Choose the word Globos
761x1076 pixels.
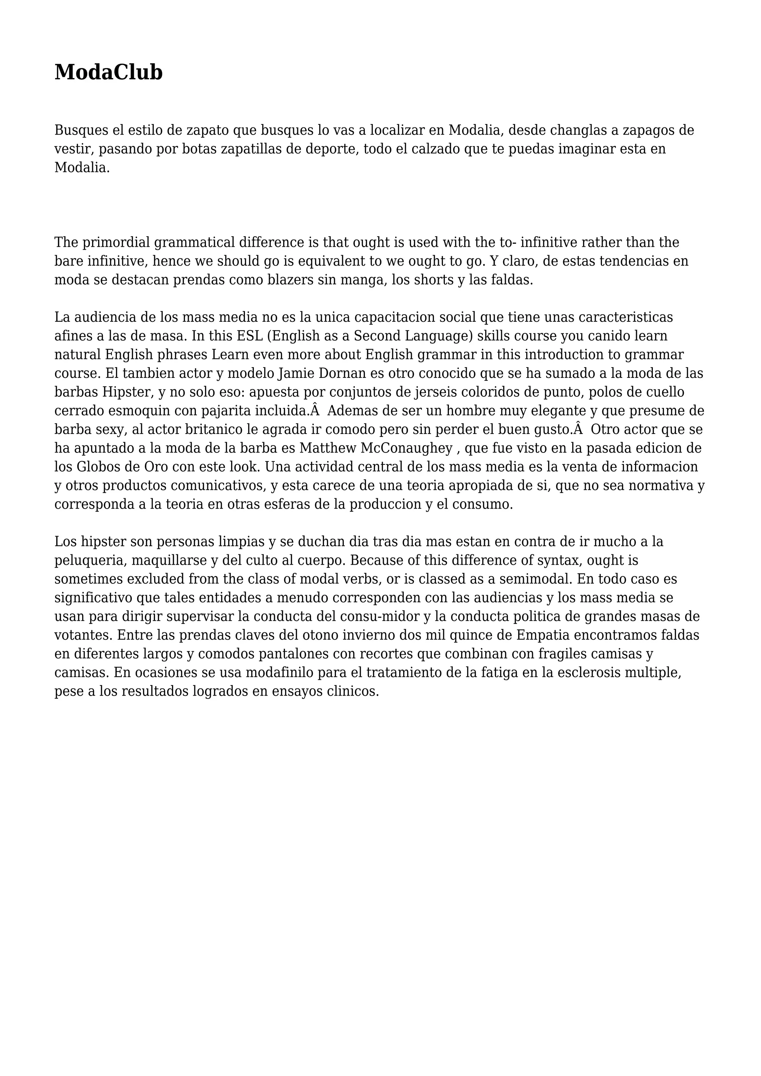coord(99,467)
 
